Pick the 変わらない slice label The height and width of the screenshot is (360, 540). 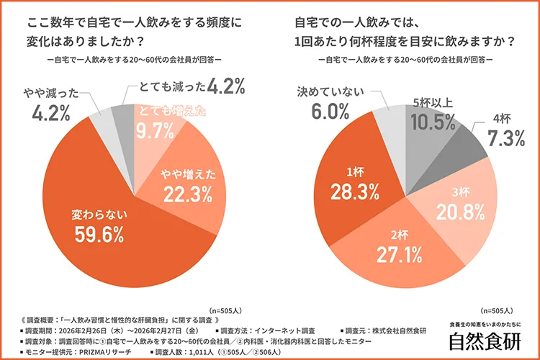[99, 214]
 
